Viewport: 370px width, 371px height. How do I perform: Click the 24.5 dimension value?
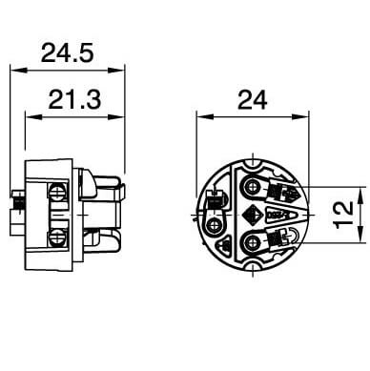[68, 52]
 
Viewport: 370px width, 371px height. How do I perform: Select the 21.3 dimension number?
[74, 99]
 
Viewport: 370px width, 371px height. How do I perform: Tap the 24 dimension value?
[253, 100]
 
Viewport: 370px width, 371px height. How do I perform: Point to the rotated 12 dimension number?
[343, 215]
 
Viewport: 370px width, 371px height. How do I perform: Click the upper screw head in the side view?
[58, 192]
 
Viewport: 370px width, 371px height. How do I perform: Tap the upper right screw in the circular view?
[253, 186]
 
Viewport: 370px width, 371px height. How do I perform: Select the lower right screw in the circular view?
[253, 243]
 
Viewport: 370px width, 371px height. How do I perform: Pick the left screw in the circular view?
[214, 226]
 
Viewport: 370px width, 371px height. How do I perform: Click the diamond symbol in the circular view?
[252, 215]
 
